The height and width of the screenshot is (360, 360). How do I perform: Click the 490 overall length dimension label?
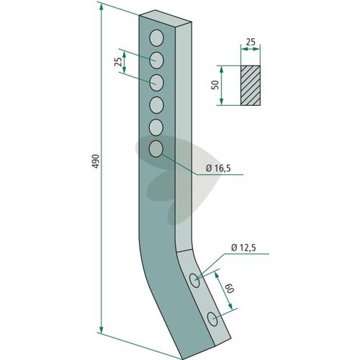click(x=96, y=161)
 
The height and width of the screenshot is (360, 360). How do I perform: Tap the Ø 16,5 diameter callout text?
click(x=218, y=168)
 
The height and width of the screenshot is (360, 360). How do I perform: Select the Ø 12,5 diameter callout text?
click(x=243, y=248)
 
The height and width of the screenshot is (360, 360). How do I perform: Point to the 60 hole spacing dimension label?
click(x=230, y=287)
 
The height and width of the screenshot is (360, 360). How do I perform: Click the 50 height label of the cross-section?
click(x=215, y=85)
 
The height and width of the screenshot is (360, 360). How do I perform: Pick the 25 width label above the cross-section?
click(x=251, y=42)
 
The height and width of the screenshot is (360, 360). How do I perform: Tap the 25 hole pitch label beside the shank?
click(x=117, y=62)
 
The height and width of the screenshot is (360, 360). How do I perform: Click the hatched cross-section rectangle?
click(x=251, y=85)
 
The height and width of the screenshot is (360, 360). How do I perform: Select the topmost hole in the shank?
click(x=156, y=38)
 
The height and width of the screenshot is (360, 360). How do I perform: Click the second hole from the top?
click(x=156, y=60)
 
